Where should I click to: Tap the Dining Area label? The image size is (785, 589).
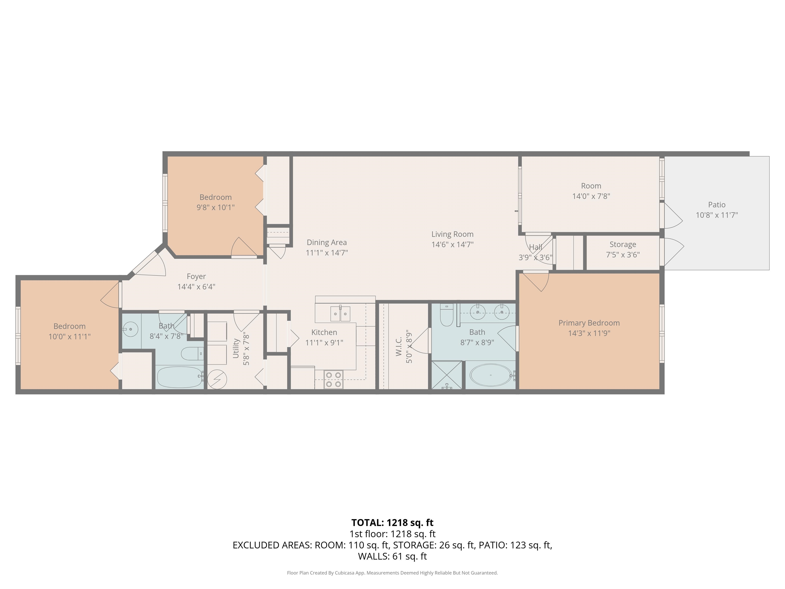click(x=327, y=243)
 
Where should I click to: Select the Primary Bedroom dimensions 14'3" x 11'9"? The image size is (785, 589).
click(x=589, y=333)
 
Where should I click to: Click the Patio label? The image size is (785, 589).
click(x=717, y=205)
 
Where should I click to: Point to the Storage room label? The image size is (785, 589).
click(x=622, y=245)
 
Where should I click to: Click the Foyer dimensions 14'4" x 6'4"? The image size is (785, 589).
click(x=196, y=287)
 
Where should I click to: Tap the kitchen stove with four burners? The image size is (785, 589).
click(x=333, y=379)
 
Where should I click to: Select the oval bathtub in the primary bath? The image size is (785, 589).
click(x=491, y=375)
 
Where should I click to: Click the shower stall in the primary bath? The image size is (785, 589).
click(x=447, y=375)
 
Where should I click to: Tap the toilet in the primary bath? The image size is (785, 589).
click(x=446, y=314)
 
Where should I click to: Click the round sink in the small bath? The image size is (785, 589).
click(x=130, y=330)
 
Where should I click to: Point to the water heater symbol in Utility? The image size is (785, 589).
click(x=217, y=379)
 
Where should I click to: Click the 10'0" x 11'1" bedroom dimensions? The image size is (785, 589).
click(x=70, y=336)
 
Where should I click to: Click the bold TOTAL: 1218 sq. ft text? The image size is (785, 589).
click(x=392, y=523)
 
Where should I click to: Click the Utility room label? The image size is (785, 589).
click(x=236, y=348)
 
